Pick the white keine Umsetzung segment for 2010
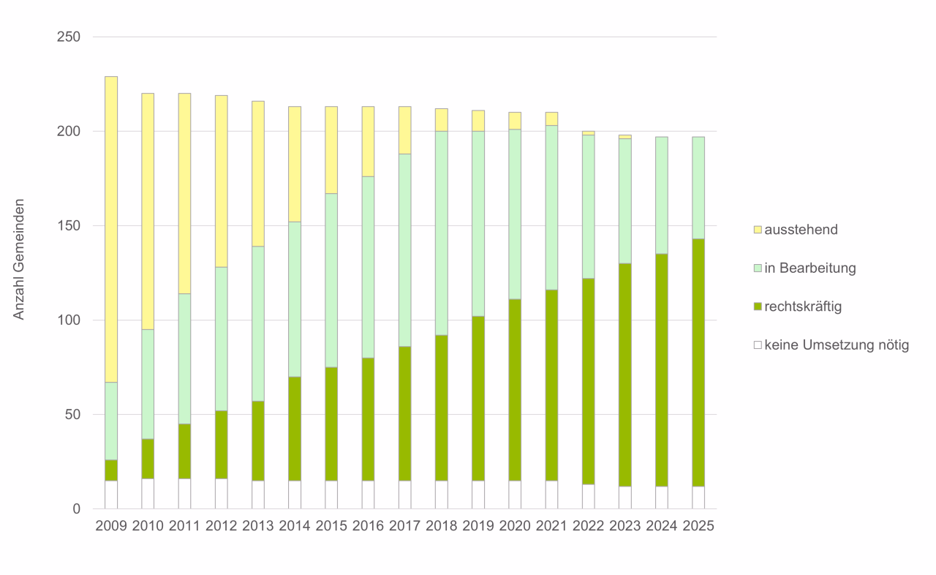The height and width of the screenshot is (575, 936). pos(148,494)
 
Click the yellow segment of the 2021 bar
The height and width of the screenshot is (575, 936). pos(551,119)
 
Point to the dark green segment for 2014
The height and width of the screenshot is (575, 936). pos(295,429)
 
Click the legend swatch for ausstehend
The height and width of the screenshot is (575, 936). pos(758,230)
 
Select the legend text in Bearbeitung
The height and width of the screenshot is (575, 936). pos(809,268)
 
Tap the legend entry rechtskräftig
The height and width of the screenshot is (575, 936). pos(803,307)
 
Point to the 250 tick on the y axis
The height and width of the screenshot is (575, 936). pos(68,37)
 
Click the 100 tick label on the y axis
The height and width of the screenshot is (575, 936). pos(68,320)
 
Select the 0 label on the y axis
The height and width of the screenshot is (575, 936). pos(76,509)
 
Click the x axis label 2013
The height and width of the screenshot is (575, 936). pos(257,527)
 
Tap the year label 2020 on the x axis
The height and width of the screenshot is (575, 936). pos(515,527)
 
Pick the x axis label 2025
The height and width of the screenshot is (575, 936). pos(698,527)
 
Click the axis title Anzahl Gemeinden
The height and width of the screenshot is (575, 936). pos(20,259)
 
